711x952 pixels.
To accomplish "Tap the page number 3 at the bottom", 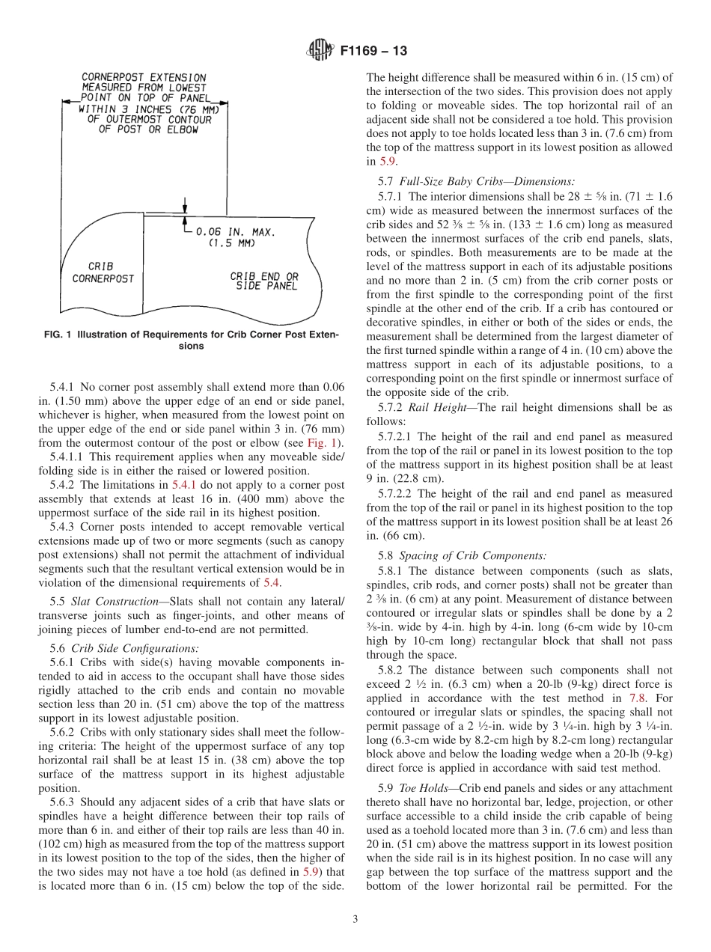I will pos(355,919).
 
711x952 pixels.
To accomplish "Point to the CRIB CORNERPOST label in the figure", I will pos(103,272).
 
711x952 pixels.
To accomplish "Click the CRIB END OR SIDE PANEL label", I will pos(263,281).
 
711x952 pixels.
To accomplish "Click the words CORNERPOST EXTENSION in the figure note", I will pos(143,77).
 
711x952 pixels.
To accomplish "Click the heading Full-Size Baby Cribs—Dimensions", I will pos(487,181).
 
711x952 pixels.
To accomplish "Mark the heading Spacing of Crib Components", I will pos(472,555).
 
